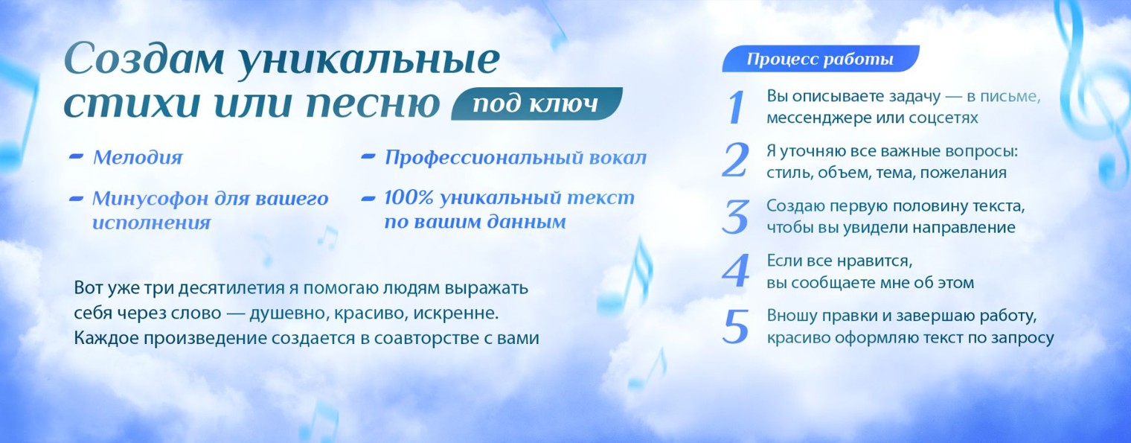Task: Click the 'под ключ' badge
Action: [536, 104]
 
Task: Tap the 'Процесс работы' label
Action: [819, 59]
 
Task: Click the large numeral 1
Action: [735, 107]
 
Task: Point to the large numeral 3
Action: [735, 217]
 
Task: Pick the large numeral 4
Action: [735, 272]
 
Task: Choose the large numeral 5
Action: [735, 327]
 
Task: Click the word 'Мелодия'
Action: [137, 158]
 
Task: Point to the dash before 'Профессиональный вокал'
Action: [368, 158]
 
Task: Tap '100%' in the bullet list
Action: [408, 198]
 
